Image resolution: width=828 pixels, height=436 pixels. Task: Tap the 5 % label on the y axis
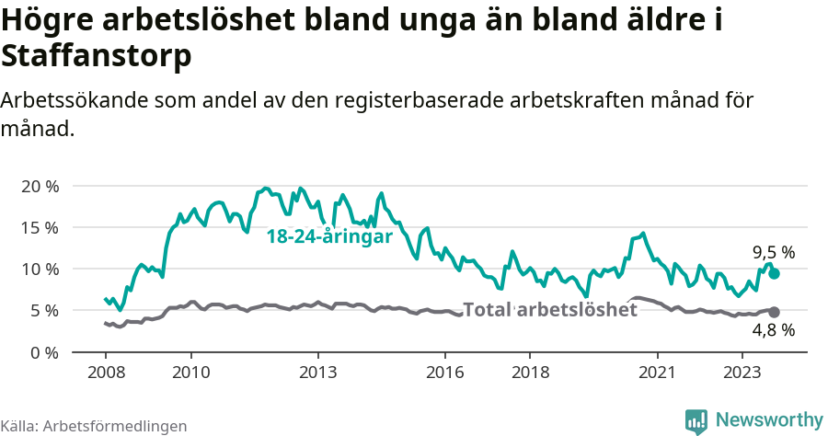click(x=44, y=310)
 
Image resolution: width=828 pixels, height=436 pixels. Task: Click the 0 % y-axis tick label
click(x=44, y=352)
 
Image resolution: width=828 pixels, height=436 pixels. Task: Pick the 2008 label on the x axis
click(x=105, y=373)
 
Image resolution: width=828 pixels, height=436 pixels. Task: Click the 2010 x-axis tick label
click(x=191, y=373)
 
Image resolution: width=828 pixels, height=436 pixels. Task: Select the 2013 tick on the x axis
click(x=318, y=373)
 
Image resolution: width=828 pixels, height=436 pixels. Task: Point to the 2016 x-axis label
click(x=445, y=373)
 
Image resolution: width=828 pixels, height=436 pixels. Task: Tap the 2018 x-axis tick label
click(x=530, y=373)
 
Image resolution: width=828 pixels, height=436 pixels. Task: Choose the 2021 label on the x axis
click(x=658, y=373)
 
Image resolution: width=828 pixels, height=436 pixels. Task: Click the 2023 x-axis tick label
click(x=742, y=373)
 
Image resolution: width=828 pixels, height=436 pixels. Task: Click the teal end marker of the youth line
click(x=775, y=273)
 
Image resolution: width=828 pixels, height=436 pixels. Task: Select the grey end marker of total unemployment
click(x=775, y=313)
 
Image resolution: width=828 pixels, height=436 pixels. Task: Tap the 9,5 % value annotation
click(x=774, y=252)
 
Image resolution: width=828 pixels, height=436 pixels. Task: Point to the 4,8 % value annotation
click(x=774, y=330)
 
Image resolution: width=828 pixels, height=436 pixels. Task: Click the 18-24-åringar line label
click(x=329, y=237)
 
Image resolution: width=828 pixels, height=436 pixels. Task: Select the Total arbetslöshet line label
click(x=549, y=310)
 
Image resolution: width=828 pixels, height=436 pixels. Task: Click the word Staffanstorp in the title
click(x=97, y=55)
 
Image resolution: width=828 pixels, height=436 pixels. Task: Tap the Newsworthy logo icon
click(x=696, y=420)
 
